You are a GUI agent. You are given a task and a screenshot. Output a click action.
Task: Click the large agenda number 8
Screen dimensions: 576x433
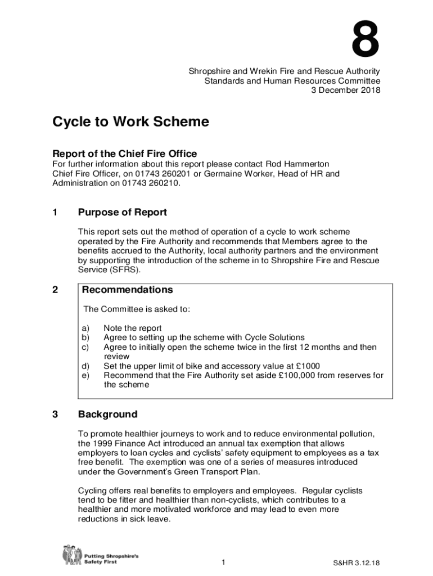[366, 39]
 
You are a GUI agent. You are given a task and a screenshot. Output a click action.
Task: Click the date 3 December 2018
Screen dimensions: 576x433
[346, 90]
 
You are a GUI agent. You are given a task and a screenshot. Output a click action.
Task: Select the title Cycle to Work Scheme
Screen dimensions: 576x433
[130, 122]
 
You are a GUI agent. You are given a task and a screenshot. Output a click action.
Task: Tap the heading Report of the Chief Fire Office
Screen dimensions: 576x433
[124, 154]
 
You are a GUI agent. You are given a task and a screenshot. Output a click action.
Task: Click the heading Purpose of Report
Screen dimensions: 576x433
[122, 213]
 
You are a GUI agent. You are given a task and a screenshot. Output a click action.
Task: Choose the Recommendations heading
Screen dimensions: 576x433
[127, 290]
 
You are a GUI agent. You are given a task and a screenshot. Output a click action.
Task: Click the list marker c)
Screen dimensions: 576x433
[86, 347]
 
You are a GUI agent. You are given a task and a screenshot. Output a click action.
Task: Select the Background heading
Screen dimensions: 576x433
[107, 415]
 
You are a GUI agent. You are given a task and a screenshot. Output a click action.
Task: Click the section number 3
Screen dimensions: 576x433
[55, 415]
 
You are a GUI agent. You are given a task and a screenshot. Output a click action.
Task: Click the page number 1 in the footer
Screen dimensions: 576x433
[223, 563]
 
